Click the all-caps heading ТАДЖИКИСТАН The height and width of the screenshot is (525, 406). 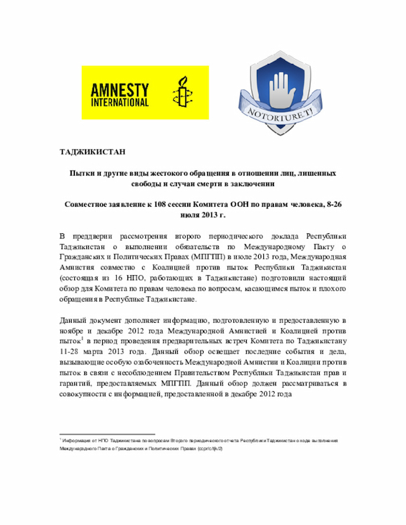tap(92, 153)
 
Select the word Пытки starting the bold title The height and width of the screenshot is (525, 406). tap(81, 173)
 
